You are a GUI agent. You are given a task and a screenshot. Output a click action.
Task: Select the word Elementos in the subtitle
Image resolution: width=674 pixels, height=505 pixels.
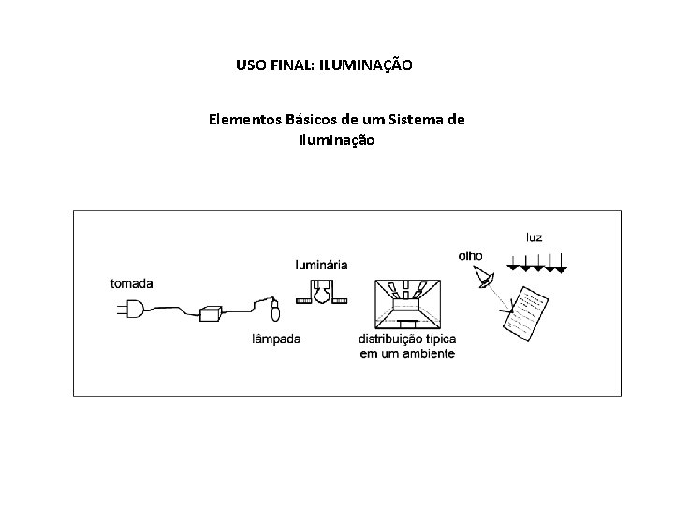point(243,120)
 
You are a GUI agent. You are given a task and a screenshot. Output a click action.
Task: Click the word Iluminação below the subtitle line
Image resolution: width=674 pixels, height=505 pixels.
point(336,140)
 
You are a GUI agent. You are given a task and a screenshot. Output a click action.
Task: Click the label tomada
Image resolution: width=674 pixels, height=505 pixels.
point(132,283)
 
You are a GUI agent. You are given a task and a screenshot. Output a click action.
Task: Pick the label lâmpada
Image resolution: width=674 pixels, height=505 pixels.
point(276,339)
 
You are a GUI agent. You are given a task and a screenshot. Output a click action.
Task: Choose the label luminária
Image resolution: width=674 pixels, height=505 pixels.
point(321,265)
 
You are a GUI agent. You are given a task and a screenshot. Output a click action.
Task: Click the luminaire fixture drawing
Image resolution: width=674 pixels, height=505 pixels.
point(321,293)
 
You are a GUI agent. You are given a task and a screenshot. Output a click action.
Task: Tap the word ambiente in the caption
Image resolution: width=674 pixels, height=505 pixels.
point(427,353)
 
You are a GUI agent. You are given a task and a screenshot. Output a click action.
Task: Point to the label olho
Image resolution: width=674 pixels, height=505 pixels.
point(471,255)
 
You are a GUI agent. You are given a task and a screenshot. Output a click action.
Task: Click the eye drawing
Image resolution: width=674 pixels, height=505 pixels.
point(485,276)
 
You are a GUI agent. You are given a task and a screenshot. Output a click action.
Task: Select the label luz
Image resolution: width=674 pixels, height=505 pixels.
point(534,238)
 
